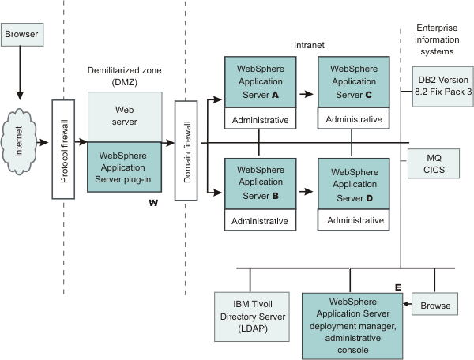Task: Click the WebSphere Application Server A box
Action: (260, 81)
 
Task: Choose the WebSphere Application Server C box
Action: (353, 81)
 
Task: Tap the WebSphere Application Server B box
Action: (260, 182)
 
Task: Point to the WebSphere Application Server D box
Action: (353, 182)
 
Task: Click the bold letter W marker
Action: (153, 203)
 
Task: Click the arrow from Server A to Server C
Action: (305, 92)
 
